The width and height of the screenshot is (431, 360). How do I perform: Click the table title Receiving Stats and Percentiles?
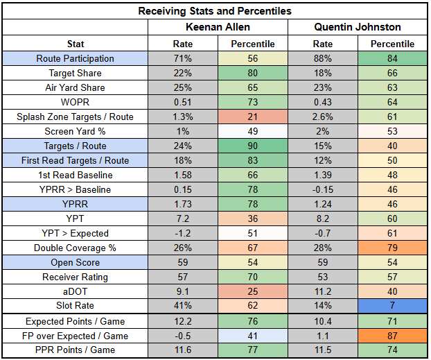point(214,11)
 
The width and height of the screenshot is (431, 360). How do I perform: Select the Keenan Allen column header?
point(216,27)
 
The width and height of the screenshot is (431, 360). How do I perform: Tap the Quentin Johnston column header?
point(358,27)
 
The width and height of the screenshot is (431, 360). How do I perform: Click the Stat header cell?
point(76,44)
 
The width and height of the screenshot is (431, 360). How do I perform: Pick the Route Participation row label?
point(76,58)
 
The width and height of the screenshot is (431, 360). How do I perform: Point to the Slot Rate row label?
point(76,306)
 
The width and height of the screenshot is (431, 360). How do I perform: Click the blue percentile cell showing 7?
point(393,306)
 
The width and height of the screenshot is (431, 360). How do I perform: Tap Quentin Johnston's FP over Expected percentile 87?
point(393,336)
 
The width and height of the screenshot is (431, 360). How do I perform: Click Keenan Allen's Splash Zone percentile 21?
point(252,117)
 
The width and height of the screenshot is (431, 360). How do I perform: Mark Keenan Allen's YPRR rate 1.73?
point(183,204)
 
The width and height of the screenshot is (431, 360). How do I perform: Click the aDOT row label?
point(76,291)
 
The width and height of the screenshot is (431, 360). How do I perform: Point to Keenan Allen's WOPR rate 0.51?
point(183,102)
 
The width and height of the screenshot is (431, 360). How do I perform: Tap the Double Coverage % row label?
point(76,248)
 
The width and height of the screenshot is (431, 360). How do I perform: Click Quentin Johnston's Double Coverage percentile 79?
point(393,248)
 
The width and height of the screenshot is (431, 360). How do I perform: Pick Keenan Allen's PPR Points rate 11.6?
point(183,350)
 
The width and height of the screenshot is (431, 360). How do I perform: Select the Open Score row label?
point(76,262)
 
